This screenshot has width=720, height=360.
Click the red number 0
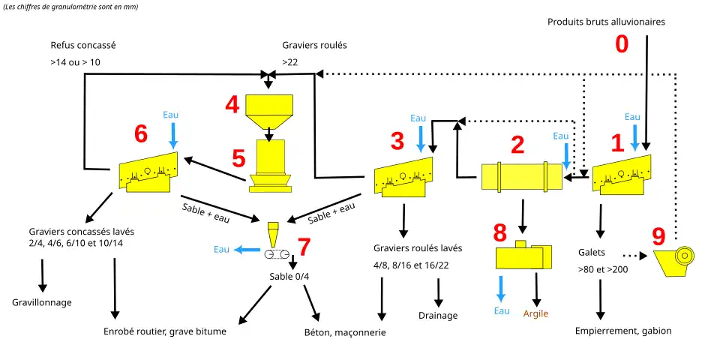tap(622, 45)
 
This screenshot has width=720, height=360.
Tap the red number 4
tap(233, 105)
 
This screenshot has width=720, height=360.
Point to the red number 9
tap(658, 237)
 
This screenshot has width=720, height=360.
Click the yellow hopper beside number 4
tap(269, 111)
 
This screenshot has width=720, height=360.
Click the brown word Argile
tap(535, 313)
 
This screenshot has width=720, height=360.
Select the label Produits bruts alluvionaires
tap(606, 22)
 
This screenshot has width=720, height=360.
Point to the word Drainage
tap(438, 315)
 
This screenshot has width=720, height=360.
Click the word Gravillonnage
tap(42, 302)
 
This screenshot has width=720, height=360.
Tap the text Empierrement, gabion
tap(623, 331)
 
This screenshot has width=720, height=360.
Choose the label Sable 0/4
tap(289, 276)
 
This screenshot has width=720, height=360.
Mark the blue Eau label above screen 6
tap(171, 115)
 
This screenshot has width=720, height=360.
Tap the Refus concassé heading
tap(83, 45)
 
